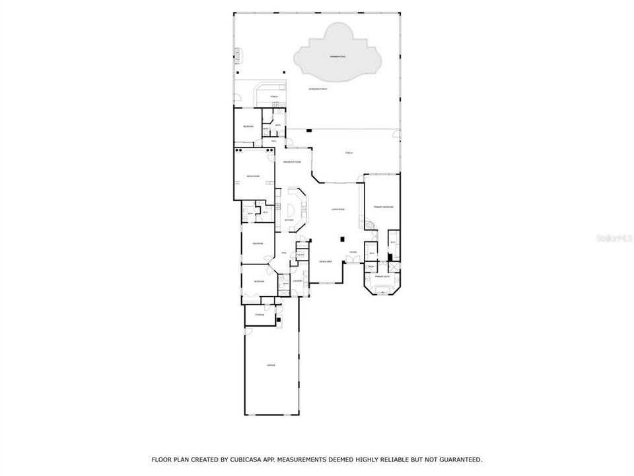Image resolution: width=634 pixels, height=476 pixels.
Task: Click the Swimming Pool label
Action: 337,57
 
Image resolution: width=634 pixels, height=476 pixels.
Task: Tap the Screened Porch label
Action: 318,89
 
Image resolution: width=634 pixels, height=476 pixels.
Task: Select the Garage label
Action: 271,365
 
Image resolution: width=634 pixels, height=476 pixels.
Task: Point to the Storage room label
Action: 260,315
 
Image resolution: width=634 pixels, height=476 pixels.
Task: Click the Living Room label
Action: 338,210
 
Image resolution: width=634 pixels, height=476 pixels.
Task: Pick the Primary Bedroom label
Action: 383,207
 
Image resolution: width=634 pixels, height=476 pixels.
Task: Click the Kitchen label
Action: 289,220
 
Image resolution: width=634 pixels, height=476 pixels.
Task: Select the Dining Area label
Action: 326,262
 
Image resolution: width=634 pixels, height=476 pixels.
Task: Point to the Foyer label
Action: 353,252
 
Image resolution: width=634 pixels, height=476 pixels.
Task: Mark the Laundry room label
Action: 297,281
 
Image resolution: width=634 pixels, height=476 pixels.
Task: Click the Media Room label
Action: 253,176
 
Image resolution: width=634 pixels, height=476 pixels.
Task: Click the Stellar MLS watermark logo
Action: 614,235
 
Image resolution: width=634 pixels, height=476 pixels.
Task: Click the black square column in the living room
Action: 341,239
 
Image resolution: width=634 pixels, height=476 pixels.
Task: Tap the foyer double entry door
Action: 354,262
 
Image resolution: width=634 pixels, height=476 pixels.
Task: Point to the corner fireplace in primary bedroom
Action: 371,225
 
